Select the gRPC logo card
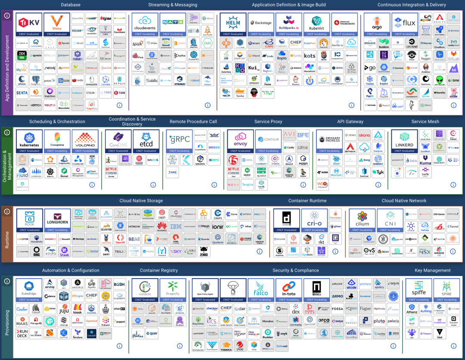pyautogui.click(x=179, y=141)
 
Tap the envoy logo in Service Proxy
pyautogui.click(x=240, y=141)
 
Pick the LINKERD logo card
pyautogui.click(x=404, y=141)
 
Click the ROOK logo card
pyautogui.click(x=29, y=220)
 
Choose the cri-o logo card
pyautogui.click(x=314, y=220)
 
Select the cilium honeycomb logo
pyautogui.click(x=362, y=220)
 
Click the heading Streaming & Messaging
pyautogui.click(x=173, y=5)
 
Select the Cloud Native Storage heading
pyautogui.click(x=141, y=201)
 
